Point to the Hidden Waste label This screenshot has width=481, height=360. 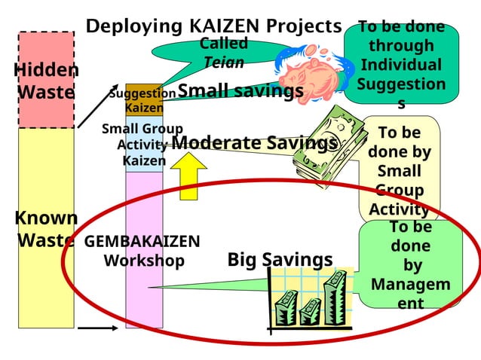(x=46, y=81)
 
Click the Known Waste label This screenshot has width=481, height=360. (x=46, y=229)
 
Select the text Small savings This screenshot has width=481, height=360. (x=240, y=91)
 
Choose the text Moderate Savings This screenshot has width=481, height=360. (x=253, y=142)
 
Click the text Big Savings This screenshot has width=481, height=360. (x=280, y=260)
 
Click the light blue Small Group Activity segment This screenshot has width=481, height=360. (x=144, y=145)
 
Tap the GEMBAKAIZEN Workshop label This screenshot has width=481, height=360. (x=142, y=252)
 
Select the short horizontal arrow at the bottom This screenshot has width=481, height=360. (x=97, y=328)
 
